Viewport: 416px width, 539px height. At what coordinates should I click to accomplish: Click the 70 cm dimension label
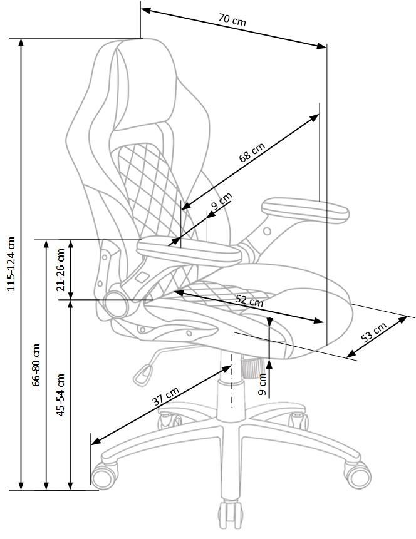pyautogui.click(x=232, y=20)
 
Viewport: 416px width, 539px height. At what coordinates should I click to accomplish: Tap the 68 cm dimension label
pyautogui.click(x=252, y=152)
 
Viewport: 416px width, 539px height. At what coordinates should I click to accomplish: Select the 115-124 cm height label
pyautogui.click(x=10, y=263)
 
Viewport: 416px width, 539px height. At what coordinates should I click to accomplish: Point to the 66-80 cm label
pyautogui.click(x=36, y=364)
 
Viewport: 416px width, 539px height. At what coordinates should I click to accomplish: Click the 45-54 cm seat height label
pyautogui.click(x=61, y=396)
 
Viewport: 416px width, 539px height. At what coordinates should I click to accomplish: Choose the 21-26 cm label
pyautogui.click(x=61, y=270)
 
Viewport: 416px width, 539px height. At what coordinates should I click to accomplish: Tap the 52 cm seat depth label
pyautogui.click(x=249, y=300)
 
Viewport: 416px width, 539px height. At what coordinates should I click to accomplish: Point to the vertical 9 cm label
pyautogui.click(x=263, y=383)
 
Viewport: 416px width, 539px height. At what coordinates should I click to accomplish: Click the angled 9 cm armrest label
pyautogui.click(x=221, y=202)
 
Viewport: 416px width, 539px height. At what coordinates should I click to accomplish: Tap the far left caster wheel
pyautogui.click(x=103, y=475)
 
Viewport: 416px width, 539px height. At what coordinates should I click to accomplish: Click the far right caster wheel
pyautogui.click(x=359, y=474)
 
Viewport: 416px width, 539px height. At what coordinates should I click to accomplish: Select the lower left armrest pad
pyautogui.click(x=190, y=252)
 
